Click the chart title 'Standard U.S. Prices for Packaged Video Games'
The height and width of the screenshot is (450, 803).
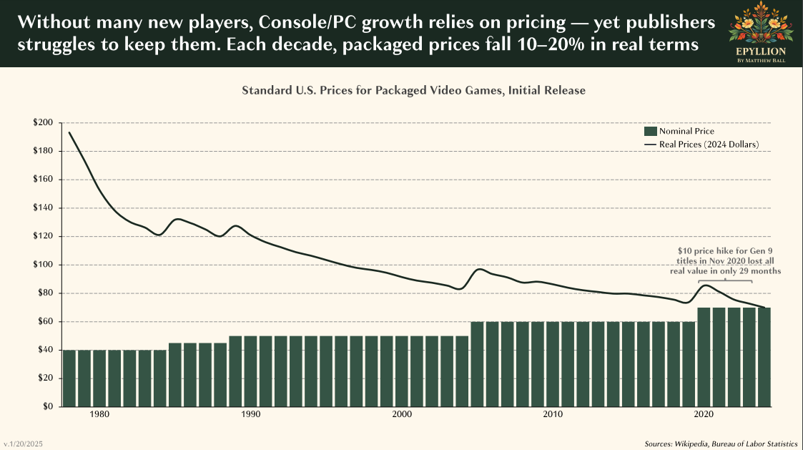pos(413,91)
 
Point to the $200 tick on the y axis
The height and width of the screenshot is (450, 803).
pos(43,123)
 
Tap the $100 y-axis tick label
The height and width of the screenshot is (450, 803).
pos(43,265)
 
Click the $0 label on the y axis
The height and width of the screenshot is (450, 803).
pos(47,406)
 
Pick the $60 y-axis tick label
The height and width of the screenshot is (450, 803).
pos(45,321)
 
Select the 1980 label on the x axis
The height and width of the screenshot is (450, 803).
pos(99,414)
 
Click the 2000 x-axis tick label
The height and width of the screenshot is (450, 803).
pos(402,414)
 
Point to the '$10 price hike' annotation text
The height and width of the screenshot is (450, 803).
pos(729,261)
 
